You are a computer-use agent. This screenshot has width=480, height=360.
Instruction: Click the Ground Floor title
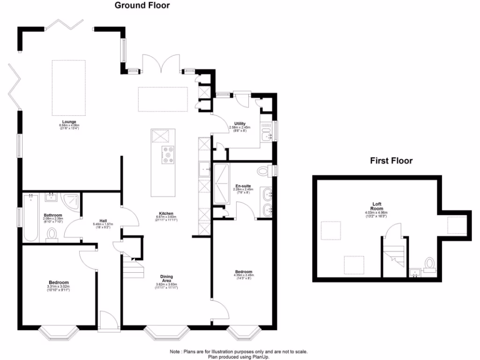[x=142, y=6]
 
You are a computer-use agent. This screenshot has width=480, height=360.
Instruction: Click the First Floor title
[x=391, y=161]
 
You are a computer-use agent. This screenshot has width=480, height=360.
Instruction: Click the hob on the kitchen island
[x=168, y=155]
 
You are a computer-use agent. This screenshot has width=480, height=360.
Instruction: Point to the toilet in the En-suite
[x=264, y=172]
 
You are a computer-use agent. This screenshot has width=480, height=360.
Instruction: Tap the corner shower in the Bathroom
[x=71, y=202]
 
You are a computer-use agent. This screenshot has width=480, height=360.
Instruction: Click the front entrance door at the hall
[x=107, y=323]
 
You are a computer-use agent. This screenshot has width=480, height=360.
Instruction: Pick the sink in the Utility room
[x=266, y=135]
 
